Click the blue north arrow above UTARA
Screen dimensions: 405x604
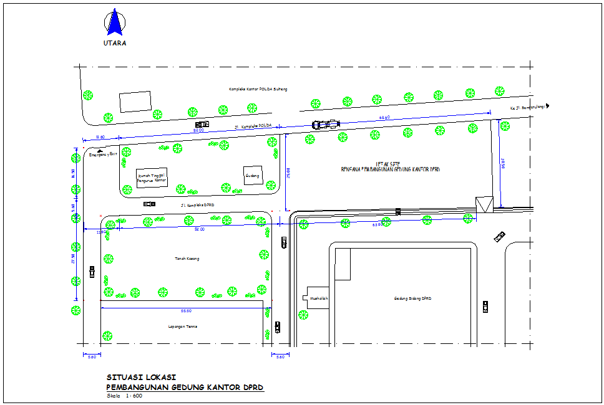point(114,22)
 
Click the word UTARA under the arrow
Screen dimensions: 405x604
point(115,43)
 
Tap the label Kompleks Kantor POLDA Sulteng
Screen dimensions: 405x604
point(258,90)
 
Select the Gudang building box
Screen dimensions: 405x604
point(253,176)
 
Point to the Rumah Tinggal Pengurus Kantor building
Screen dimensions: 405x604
point(152,178)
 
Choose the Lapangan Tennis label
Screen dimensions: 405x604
point(182,326)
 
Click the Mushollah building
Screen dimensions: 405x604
point(318,298)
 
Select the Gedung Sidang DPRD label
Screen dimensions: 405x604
point(412,298)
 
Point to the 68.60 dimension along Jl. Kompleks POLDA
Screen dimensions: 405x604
point(384,117)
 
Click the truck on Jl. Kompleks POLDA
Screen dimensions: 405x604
point(325,124)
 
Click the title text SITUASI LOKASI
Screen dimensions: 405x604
point(142,377)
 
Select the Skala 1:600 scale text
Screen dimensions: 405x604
point(125,396)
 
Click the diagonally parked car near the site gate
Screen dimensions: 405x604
point(499,236)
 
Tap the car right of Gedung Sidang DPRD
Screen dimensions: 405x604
point(485,306)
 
